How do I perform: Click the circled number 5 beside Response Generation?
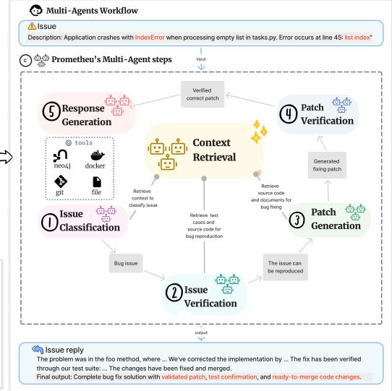pyautogui.click(x=51, y=112)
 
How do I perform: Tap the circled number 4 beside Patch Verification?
pyautogui.click(x=289, y=114)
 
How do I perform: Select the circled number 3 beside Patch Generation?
pyautogui.click(x=297, y=220)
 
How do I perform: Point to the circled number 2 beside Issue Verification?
pyautogui.click(x=174, y=292)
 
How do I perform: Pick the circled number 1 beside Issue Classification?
pyautogui.click(x=49, y=222)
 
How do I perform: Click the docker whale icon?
pyautogui.click(x=97, y=155)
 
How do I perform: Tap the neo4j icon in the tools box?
pyautogui.click(x=60, y=155)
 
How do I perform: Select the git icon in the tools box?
pyautogui.click(x=61, y=181)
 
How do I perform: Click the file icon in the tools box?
pyautogui.click(x=97, y=182)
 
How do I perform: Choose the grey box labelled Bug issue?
pyautogui.click(x=126, y=263)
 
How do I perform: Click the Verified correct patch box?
pyautogui.click(x=203, y=94)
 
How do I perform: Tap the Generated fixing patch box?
pyautogui.click(x=327, y=165)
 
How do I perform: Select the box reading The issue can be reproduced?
pyautogui.click(x=285, y=267)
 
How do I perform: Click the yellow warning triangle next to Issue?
pyautogui.click(x=32, y=26)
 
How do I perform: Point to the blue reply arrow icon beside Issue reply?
pyautogui.click(x=38, y=350)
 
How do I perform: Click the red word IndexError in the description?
pyautogui.click(x=150, y=38)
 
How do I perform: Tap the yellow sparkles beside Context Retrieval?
pyautogui.click(x=259, y=132)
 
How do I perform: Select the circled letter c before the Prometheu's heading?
pyautogui.click(x=25, y=61)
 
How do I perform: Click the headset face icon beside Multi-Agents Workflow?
pyautogui.click(x=35, y=10)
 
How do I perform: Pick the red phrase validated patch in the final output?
pyautogui.click(x=183, y=377)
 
